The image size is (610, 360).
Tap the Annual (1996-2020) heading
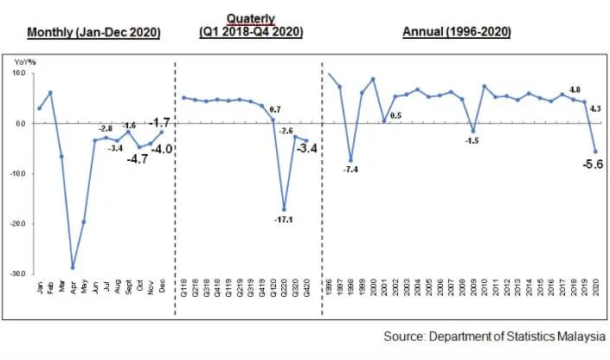click(x=456, y=33)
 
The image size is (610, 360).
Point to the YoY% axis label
click(x=23, y=63)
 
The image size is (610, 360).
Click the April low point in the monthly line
click(x=73, y=267)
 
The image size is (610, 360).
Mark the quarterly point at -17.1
click(x=284, y=209)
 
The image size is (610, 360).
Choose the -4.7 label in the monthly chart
click(x=138, y=159)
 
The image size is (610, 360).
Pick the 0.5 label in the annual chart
click(x=396, y=115)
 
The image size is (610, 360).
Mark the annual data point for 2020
click(x=594, y=151)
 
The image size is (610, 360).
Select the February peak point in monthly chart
click(x=50, y=93)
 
